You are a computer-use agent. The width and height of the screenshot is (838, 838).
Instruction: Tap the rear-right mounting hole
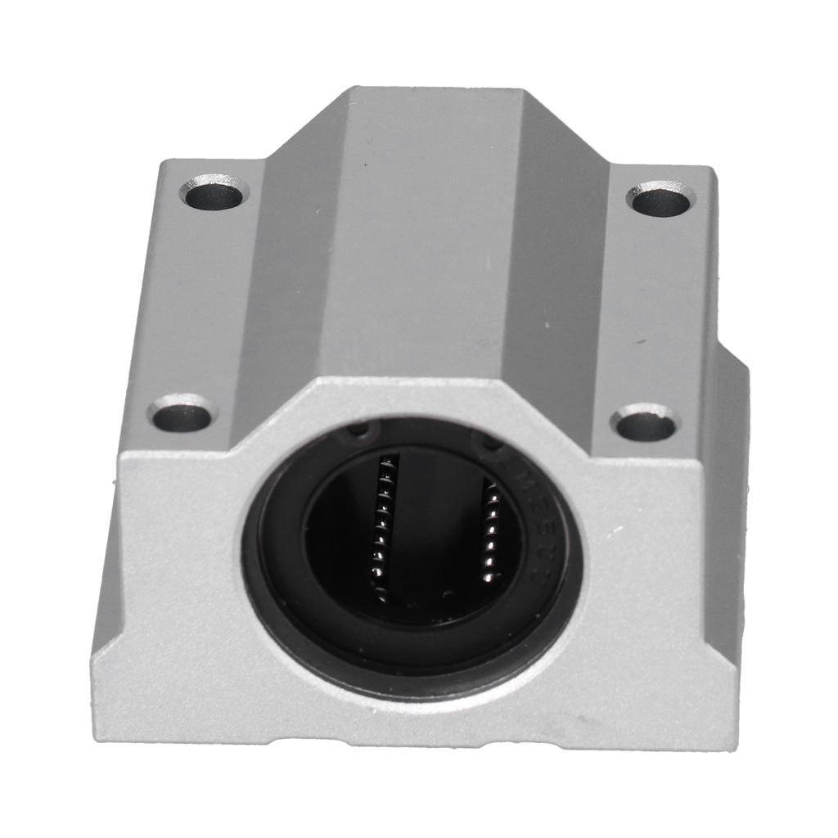(660, 200)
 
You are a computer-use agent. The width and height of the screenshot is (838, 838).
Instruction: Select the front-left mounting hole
(182, 417)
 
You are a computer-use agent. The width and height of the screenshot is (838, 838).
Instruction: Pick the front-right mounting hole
(645, 425)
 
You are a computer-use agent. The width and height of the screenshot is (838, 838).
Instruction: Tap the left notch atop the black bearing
(360, 430)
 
